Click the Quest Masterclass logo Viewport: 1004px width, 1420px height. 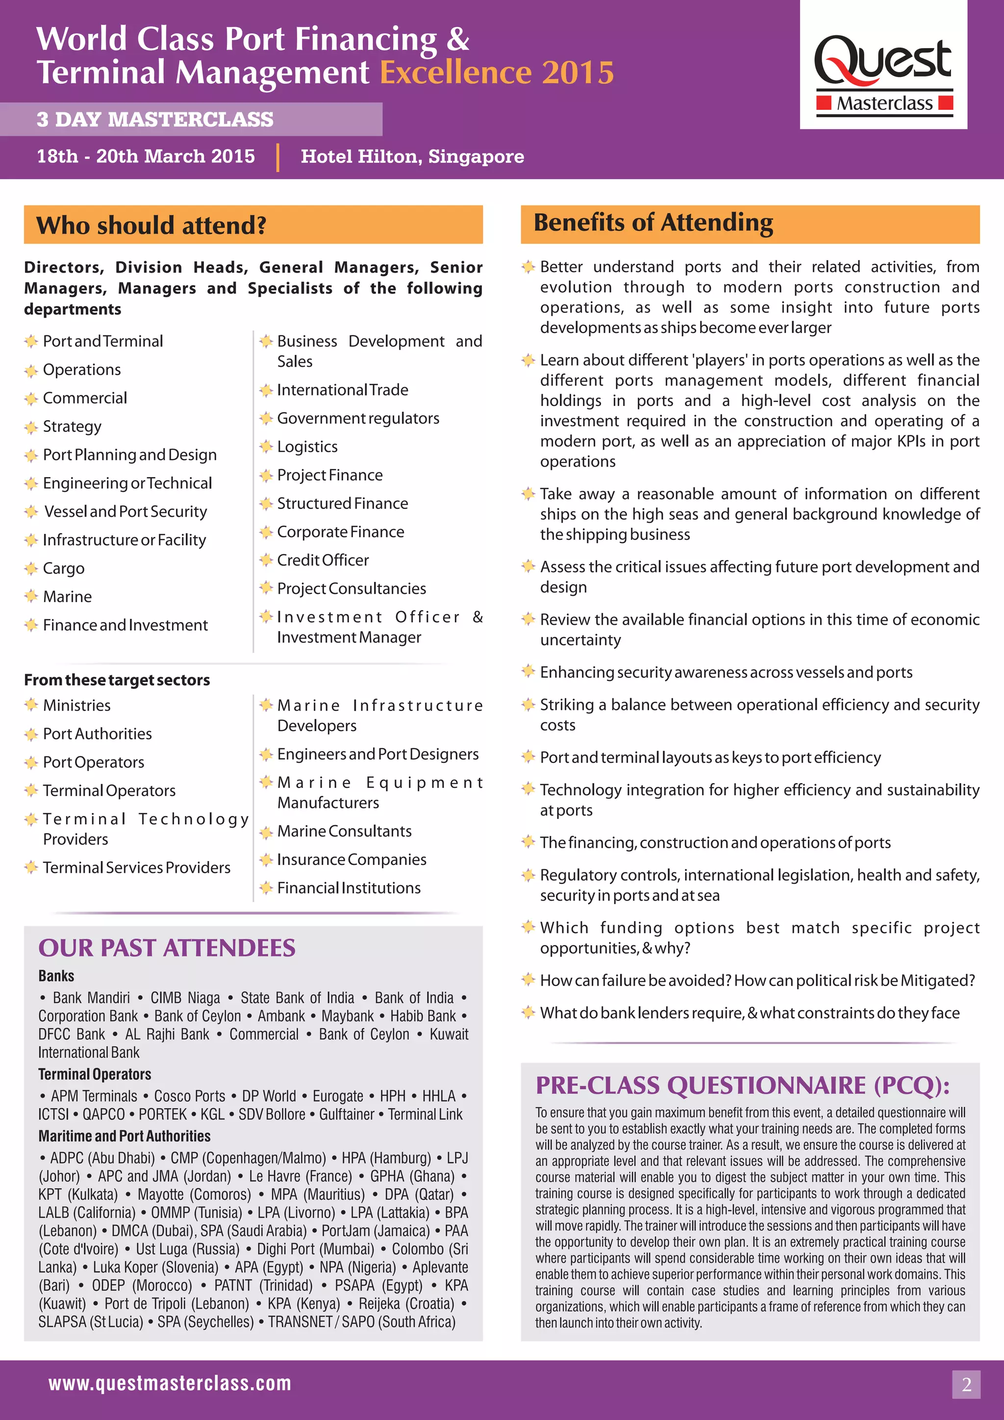tap(883, 74)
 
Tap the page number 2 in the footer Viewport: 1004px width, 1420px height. tap(966, 1384)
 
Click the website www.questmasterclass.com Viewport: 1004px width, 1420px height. tap(170, 1383)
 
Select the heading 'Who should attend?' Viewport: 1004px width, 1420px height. tap(151, 225)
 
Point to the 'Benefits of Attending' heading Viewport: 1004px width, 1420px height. tap(653, 223)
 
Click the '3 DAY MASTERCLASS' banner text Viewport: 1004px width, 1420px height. tap(154, 119)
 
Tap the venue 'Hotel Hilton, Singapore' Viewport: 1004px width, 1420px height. tap(412, 156)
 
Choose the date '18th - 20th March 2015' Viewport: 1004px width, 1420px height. tap(146, 156)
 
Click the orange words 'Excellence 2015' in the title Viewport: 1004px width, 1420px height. tap(497, 73)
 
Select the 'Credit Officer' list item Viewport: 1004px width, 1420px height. tap(323, 560)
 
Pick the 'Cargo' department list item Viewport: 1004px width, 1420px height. tap(64, 568)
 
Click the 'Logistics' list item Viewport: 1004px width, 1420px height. tap(307, 447)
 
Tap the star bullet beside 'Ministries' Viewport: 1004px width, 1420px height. tap(31, 705)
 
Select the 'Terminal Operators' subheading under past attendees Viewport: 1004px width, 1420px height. tap(95, 1074)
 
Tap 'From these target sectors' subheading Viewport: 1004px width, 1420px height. tap(117, 680)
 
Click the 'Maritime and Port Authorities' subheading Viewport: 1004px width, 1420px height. tap(124, 1136)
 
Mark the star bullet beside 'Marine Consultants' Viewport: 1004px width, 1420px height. tap(266, 832)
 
